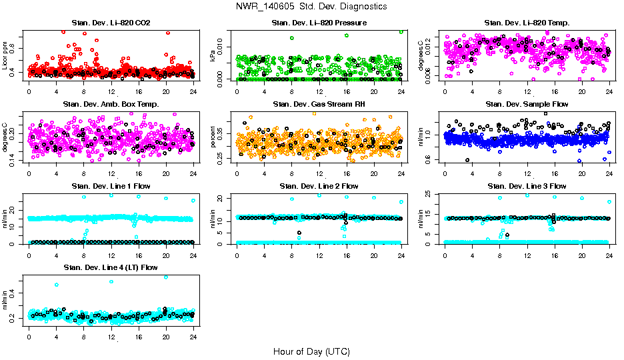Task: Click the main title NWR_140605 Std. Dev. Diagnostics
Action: (311, 7)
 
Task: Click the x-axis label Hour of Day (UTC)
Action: (311, 351)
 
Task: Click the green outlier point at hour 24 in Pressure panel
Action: (401, 31)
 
